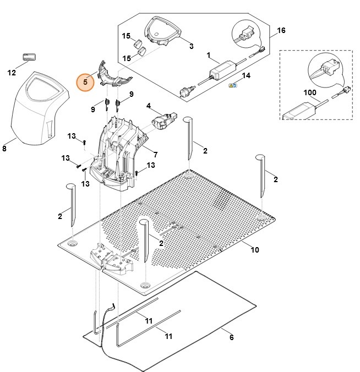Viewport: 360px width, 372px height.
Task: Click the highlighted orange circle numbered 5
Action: pos(85,83)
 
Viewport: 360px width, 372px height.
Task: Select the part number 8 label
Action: pos(5,147)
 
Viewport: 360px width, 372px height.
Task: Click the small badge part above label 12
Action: pos(29,57)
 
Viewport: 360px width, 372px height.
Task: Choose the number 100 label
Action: pos(309,92)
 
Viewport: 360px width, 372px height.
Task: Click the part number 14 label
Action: pos(246,75)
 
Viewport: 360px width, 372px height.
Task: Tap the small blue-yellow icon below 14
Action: pos(233,86)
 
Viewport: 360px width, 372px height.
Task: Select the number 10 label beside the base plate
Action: pos(254,250)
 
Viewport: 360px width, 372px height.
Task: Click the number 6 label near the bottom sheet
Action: pos(231,337)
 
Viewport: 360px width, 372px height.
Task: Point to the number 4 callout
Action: pos(148,105)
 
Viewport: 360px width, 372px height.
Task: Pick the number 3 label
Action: pos(191,46)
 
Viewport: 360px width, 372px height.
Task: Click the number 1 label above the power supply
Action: pos(209,56)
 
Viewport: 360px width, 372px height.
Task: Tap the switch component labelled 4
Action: pos(163,120)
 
